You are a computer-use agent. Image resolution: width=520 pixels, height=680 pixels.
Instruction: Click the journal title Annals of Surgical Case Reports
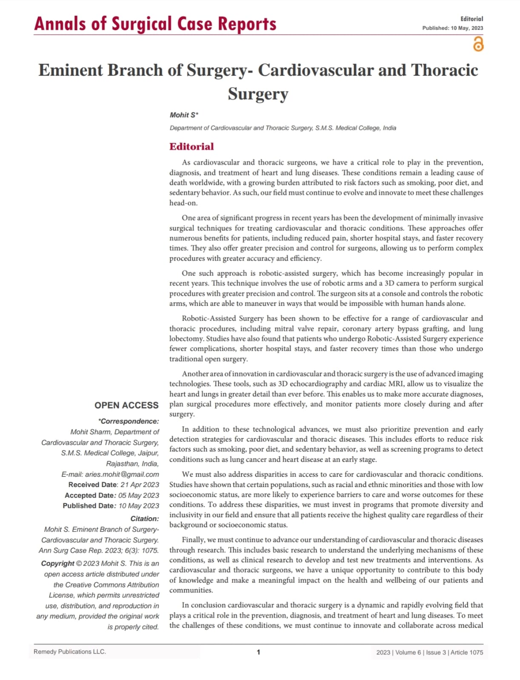(x=155, y=24)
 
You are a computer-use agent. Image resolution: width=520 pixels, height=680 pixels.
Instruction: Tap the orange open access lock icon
(x=478, y=44)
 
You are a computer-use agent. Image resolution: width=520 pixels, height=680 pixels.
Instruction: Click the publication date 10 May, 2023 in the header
(x=467, y=28)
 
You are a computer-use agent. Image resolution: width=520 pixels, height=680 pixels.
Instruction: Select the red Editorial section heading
(x=191, y=147)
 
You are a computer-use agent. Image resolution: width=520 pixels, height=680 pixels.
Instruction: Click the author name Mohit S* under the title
(x=184, y=115)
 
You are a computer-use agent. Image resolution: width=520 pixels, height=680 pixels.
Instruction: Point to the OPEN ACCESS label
(x=126, y=405)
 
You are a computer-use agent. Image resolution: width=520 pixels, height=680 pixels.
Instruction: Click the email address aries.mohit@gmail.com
(x=122, y=474)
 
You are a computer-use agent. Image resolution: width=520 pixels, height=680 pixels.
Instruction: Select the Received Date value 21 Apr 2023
(x=140, y=485)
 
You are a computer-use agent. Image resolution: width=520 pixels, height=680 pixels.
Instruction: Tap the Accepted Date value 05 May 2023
(x=138, y=496)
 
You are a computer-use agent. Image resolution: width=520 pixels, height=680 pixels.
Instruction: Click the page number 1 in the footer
(x=258, y=652)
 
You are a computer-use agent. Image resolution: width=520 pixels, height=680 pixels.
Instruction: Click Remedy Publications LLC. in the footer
(x=70, y=652)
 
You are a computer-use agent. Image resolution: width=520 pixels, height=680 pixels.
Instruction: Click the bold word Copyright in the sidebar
(x=58, y=564)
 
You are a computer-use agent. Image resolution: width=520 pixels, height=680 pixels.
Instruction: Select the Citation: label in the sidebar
(x=145, y=519)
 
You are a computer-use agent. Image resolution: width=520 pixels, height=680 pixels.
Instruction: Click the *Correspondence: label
(x=129, y=422)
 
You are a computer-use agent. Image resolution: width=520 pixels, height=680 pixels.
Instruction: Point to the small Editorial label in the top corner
(x=471, y=19)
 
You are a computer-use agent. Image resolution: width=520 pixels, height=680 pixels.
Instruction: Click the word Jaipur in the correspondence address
(x=148, y=453)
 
